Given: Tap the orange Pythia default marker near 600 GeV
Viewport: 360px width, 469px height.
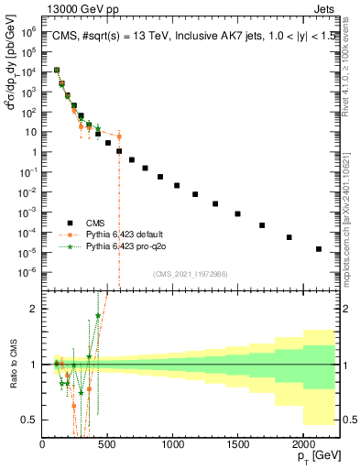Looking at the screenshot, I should click(119, 137).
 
